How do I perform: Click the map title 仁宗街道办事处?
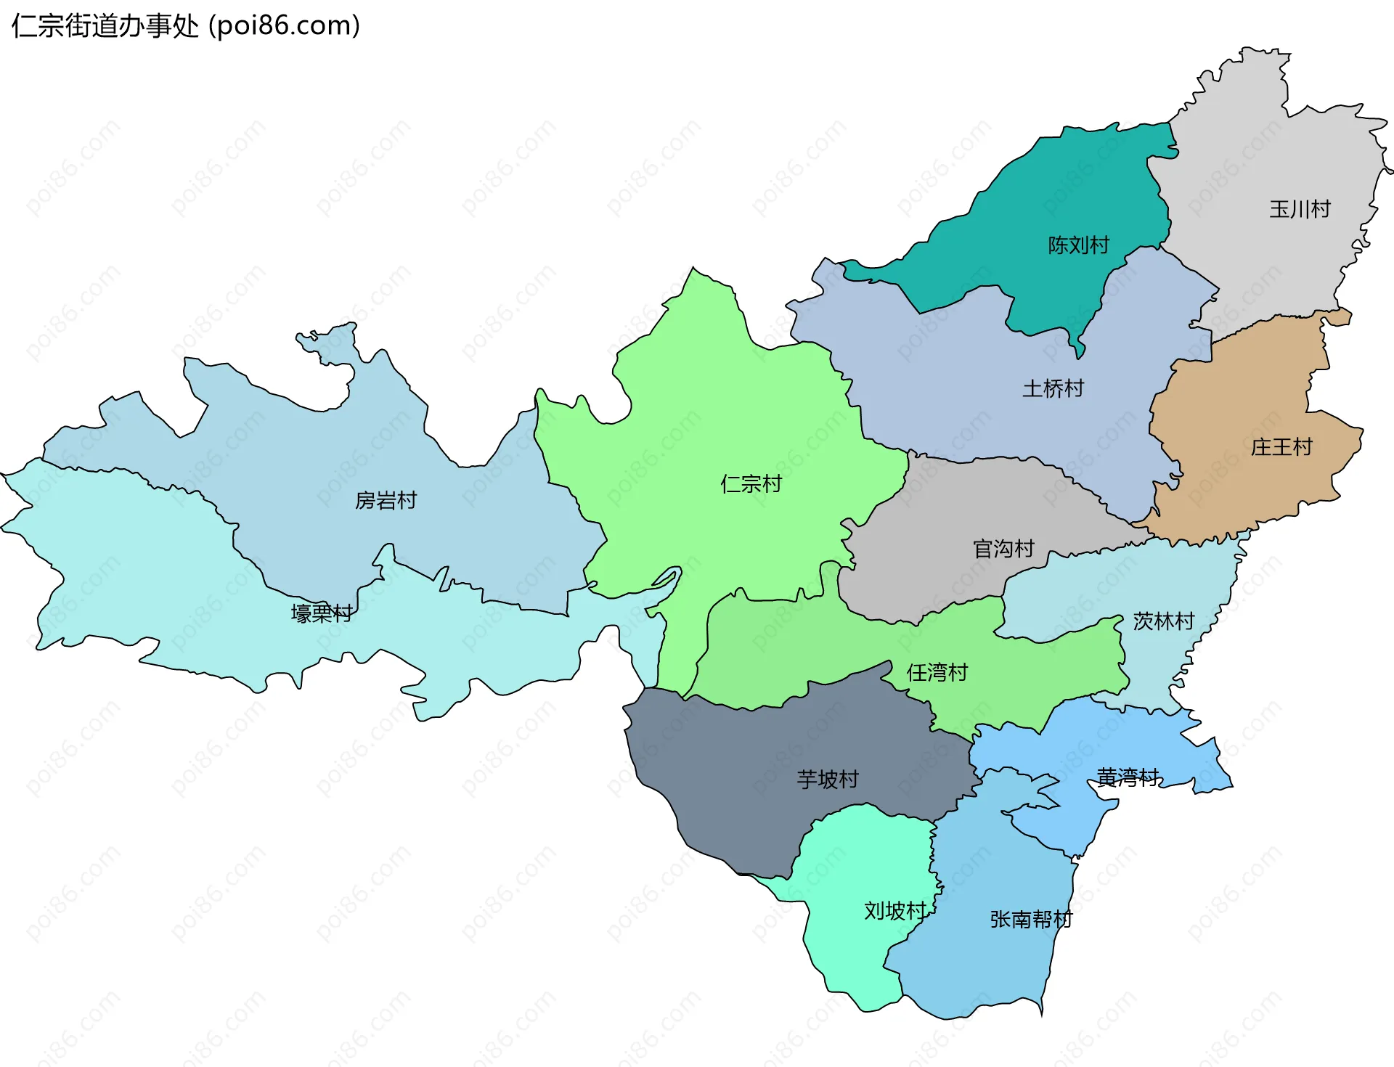pos(105,26)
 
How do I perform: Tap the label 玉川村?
pos(1300,209)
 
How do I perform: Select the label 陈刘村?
pos(1078,245)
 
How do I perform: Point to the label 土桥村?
pos(1053,388)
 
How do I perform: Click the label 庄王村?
pos(1281,447)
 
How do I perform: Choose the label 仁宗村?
pos(751,483)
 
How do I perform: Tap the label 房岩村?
pos(386,500)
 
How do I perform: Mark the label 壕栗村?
pos(322,613)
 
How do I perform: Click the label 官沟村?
pos(1003,548)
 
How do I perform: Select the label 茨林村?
pos(1163,621)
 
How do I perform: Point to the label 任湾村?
pos(937,672)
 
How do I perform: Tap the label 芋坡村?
pos(828,779)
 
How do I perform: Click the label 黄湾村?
pos(1128,777)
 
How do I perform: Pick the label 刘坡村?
pos(895,910)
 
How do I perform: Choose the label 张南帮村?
pos(1031,919)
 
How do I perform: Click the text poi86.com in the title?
pos(285,26)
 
